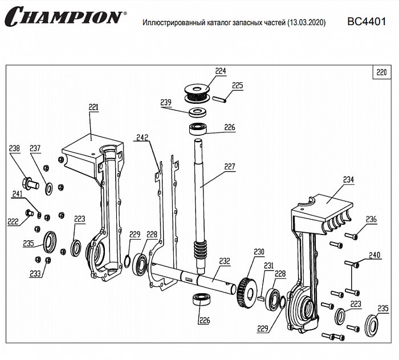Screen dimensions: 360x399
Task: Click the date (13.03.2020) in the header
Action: pyautogui.click(x=307, y=23)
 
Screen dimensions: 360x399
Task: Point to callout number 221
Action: pyautogui.click(x=93, y=107)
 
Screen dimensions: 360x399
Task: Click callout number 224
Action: pyautogui.click(x=221, y=71)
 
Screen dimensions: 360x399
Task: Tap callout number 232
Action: pyautogui.click(x=225, y=261)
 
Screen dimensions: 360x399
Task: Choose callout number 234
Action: pyautogui.click(x=348, y=180)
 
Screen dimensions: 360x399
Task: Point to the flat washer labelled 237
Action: pyautogui.click(x=47, y=185)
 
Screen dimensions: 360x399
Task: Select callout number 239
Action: pyautogui.click(x=166, y=102)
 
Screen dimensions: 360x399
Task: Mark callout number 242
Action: pyautogui.click(x=141, y=137)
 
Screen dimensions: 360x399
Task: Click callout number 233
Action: pyautogui.click(x=35, y=273)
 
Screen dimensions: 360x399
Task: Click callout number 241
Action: pyautogui.click(x=18, y=194)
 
